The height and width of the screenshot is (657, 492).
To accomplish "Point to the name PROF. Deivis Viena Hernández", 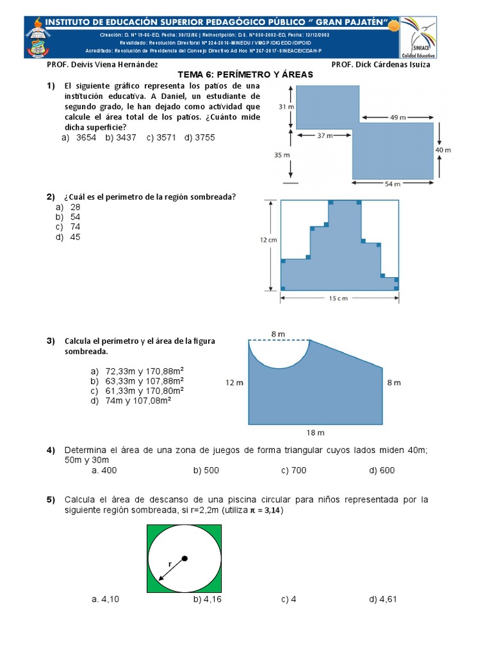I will coord(102,65).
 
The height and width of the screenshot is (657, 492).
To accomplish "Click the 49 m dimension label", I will coord(397,117).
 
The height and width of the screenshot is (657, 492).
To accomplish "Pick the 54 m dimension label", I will coord(393,183).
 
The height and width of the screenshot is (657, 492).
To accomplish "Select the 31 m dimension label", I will coord(286,107).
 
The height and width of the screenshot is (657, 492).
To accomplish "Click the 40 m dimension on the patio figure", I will coord(443,149).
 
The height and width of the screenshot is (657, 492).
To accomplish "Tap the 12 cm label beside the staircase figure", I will coord(268,240).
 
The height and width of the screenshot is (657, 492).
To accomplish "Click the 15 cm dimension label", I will coord(339,298).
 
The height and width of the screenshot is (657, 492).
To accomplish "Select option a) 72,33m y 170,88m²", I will coord(137,371).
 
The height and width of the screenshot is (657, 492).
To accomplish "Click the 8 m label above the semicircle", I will coord(278,334).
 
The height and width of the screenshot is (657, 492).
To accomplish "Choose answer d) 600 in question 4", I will coord(382,470).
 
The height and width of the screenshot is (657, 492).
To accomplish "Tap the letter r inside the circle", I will coord(170,563).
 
